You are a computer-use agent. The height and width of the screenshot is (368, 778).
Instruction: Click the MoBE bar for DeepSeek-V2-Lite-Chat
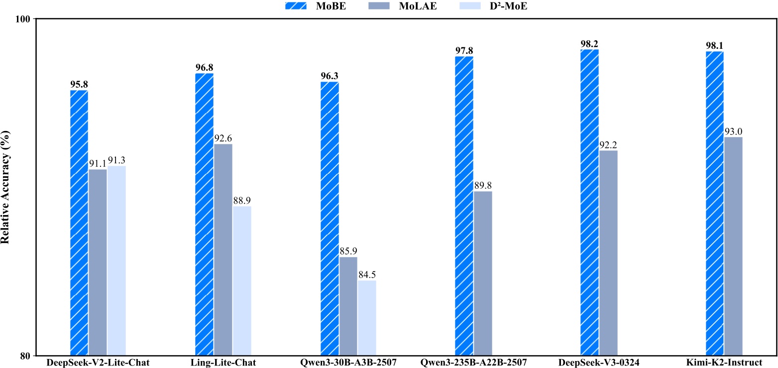pos(79,223)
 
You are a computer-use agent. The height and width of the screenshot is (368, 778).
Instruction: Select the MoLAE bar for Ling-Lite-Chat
pos(223,249)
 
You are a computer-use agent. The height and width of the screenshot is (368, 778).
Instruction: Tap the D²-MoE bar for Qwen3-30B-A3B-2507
pos(367,318)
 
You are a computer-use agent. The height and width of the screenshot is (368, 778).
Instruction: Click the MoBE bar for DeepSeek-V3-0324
pos(589,202)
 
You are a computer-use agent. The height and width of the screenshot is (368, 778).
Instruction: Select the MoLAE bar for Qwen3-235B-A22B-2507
pos(483,273)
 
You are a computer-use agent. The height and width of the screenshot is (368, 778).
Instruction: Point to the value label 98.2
pos(589,43)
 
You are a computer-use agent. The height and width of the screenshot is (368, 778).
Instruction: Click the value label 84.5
pos(367,274)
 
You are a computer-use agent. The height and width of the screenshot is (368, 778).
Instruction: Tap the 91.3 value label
pos(117,160)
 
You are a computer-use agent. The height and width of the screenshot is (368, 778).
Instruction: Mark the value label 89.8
pos(483,185)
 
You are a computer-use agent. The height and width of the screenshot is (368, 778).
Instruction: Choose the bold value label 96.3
pos(330,76)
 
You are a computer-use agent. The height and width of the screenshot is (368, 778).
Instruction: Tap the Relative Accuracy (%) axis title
pos(5,187)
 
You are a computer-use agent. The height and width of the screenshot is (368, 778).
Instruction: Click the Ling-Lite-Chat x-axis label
pos(223,363)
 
